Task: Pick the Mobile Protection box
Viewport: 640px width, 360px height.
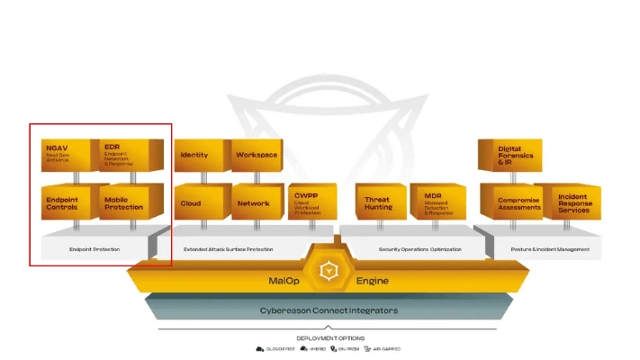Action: tap(127, 202)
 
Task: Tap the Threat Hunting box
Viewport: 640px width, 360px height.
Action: tap(379, 202)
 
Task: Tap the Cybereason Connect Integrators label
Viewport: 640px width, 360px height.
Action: tap(335, 310)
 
